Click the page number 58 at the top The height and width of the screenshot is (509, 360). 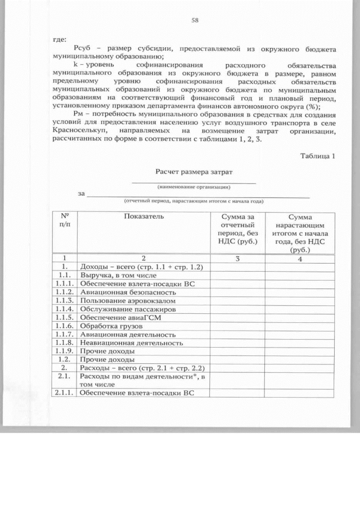195,21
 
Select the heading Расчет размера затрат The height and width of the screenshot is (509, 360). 193,170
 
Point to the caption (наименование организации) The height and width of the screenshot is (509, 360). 193,186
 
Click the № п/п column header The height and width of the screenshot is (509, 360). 65,220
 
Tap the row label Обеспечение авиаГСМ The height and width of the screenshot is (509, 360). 117,317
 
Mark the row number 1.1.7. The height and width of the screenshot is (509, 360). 65,334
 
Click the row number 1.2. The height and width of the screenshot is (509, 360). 65,359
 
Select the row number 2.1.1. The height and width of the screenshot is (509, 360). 65,392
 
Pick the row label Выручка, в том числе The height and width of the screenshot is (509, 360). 118,276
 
